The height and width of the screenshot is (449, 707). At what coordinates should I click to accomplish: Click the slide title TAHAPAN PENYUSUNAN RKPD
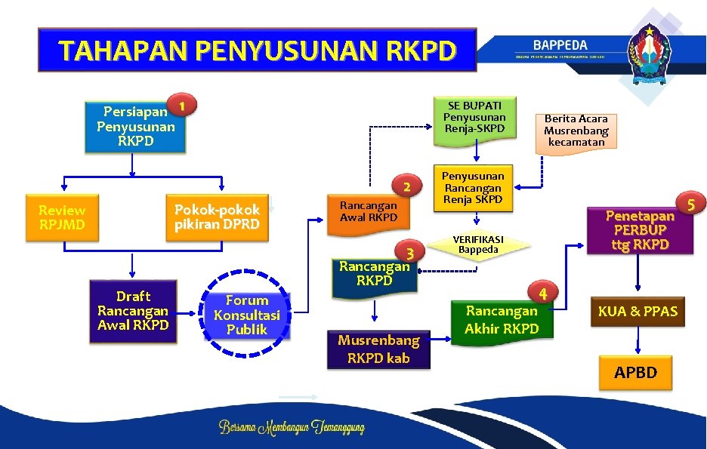pyautogui.click(x=258, y=51)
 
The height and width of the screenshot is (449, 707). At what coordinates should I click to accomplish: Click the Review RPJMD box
pyautogui.click(x=62, y=218)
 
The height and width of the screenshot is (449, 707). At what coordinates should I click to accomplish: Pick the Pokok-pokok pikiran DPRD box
pyautogui.click(x=217, y=217)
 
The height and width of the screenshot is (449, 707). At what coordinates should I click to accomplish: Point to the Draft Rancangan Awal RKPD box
pyautogui.click(x=133, y=311)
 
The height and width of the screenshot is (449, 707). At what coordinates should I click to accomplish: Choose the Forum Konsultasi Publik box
pyautogui.click(x=246, y=315)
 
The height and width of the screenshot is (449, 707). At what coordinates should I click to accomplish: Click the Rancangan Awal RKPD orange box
pyautogui.click(x=368, y=211)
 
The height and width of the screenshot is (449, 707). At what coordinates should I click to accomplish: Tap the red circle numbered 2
pyautogui.click(x=406, y=186)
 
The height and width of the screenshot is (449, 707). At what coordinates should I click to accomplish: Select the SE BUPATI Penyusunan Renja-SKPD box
pyautogui.click(x=474, y=118)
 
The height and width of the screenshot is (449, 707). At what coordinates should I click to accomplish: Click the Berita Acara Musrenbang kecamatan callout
pyautogui.click(x=576, y=131)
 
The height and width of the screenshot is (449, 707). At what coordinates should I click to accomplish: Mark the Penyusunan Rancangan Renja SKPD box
pyautogui.click(x=473, y=187)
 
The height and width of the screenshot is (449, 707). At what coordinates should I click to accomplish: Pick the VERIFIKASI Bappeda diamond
pyautogui.click(x=478, y=244)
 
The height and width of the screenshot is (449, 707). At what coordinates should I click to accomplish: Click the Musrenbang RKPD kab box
pyautogui.click(x=378, y=349)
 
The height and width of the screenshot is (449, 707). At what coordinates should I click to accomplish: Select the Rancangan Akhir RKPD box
pyautogui.click(x=502, y=319)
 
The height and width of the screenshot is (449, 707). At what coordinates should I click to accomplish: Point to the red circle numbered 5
pyautogui.click(x=690, y=203)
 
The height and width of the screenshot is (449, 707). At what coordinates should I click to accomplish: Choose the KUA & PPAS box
pyautogui.click(x=638, y=312)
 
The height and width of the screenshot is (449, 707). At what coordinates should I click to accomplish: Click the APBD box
pyautogui.click(x=635, y=373)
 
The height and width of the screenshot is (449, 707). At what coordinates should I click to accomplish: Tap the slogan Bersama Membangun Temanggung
pyautogui.click(x=292, y=428)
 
